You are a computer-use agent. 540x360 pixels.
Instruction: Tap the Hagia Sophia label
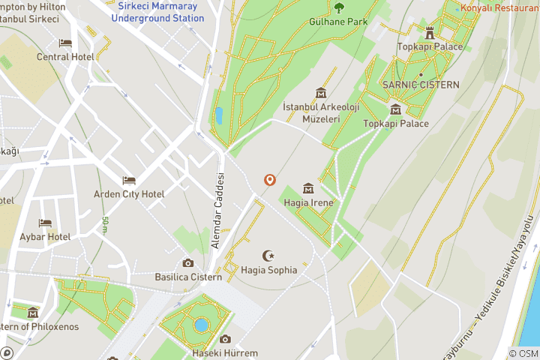(x=269, y=270)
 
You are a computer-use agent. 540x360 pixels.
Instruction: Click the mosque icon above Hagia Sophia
(x=268, y=256)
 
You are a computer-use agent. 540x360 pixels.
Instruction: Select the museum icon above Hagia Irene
(x=307, y=187)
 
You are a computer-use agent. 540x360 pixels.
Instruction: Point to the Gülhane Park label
(x=338, y=22)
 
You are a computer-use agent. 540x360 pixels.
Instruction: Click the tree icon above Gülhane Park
(x=339, y=8)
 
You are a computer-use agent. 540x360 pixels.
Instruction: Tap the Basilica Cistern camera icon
(x=188, y=262)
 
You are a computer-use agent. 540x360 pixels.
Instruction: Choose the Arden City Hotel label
(x=129, y=194)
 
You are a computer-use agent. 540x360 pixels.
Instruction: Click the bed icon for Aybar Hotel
(x=45, y=223)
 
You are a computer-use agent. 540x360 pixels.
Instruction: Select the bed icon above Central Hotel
(x=65, y=43)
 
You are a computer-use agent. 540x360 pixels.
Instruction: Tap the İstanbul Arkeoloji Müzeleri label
(x=321, y=113)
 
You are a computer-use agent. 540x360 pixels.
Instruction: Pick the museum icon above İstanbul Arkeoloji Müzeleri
(x=321, y=93)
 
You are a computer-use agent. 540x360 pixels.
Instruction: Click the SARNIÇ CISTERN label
(x=420, y=85)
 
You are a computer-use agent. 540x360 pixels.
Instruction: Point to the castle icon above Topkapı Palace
(x=430, y=32)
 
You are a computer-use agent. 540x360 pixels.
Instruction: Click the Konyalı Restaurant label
(x=501, y=8)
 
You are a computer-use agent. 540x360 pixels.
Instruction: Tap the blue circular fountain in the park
(x=200, y=325)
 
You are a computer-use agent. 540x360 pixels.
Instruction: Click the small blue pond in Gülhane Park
(x=218, y=115)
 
